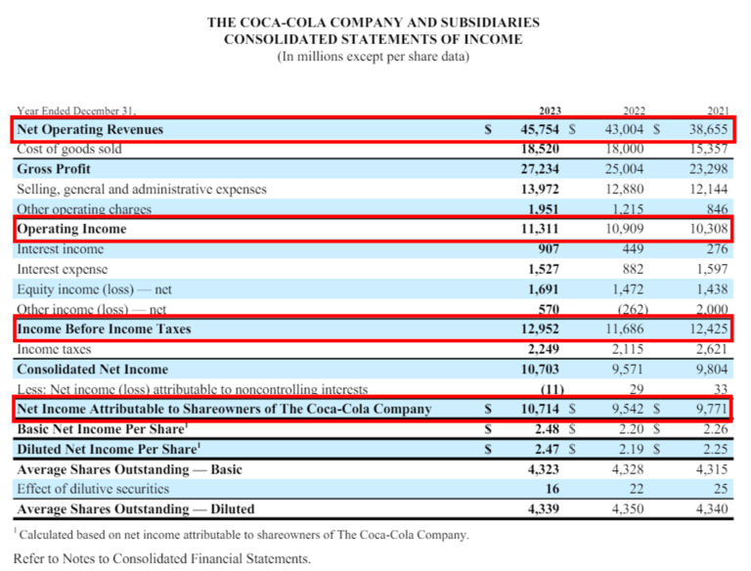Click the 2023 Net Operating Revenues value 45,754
pos(542,129)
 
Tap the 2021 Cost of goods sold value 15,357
pos(710,150)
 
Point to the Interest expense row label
pos(62,269)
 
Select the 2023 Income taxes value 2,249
pos(545,349)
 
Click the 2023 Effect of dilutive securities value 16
pos(553,489)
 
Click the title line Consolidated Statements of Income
pos(373,39)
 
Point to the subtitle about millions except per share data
pos(373,57)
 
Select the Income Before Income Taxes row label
pos(103,329)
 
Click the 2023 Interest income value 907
pos(550,249)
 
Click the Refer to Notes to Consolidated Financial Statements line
pos(161,558)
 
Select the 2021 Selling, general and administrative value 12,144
pos(710,189)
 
